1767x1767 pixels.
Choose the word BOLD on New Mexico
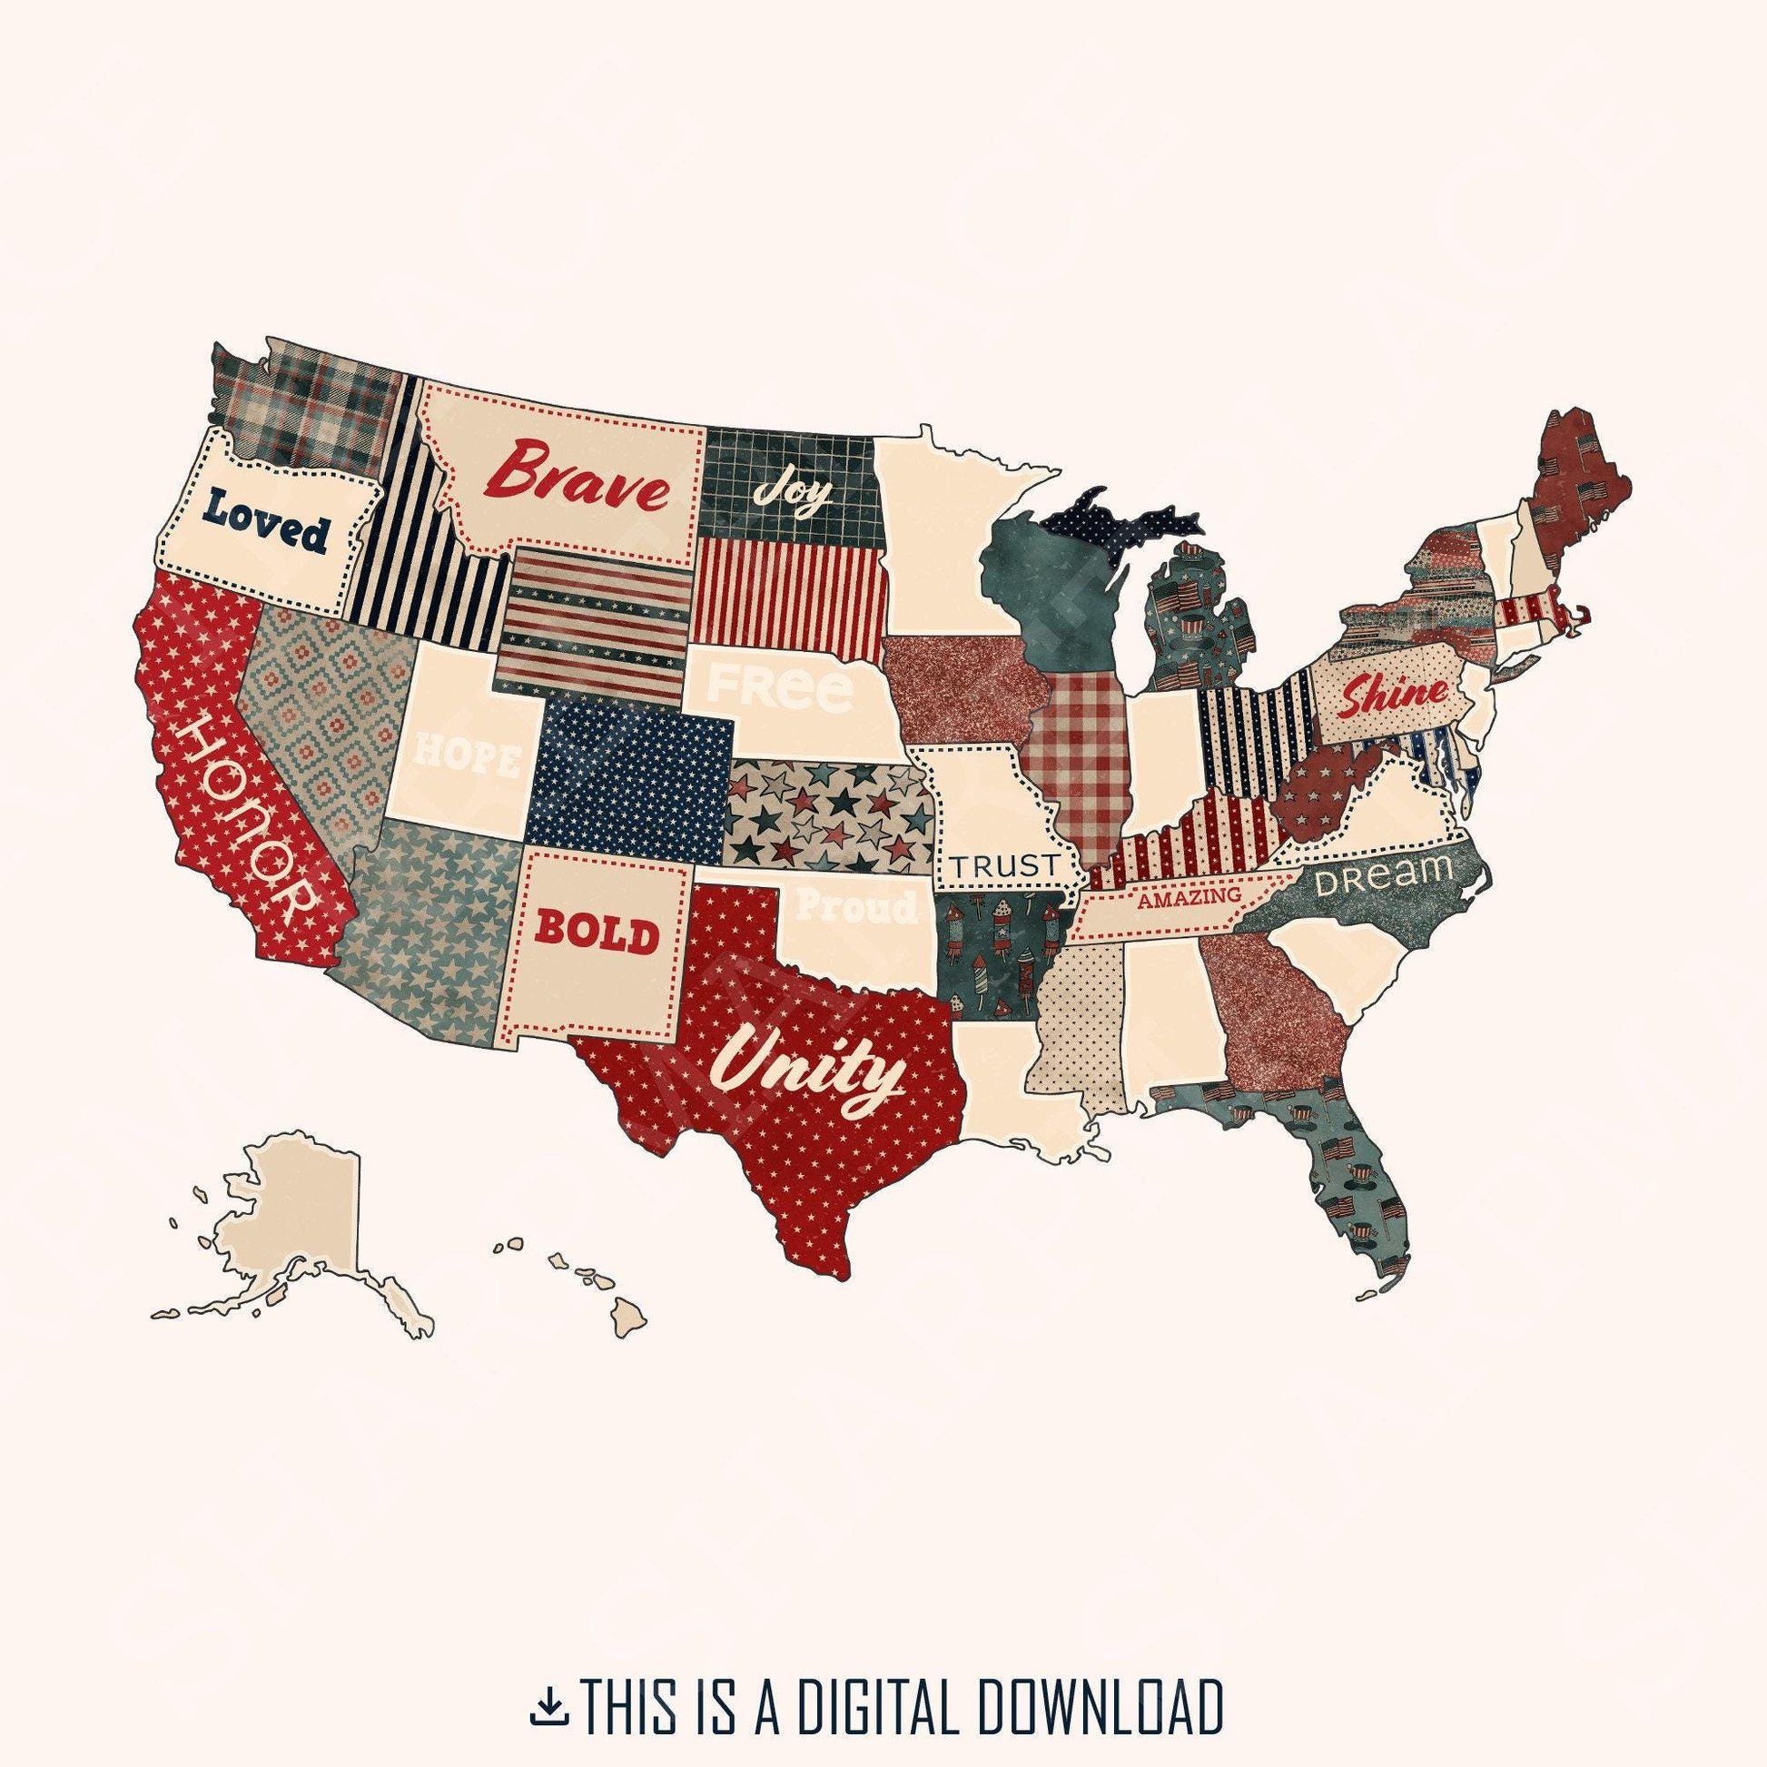click(x=597, y=933)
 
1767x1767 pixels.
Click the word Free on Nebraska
click(x=780, y=688)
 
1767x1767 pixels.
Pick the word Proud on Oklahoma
click(x=856, y=906)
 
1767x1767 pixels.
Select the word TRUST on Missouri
click(x=1004, y=864)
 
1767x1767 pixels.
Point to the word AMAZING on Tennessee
click(x=1189, y=897)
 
